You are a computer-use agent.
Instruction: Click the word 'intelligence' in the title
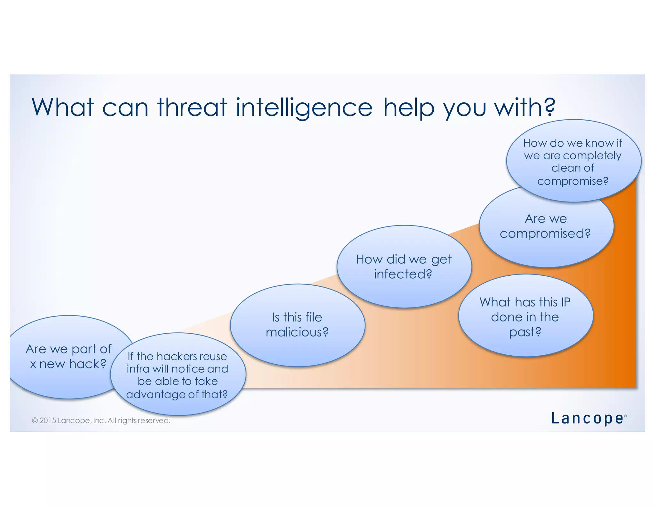tap(304, 107)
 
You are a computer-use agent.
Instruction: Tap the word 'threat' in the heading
tap(192, 107)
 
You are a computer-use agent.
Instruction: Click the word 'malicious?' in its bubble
tap(297, 332)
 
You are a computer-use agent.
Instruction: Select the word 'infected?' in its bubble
tap(403, 274)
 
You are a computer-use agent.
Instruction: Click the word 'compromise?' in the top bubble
tap(572, 181)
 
